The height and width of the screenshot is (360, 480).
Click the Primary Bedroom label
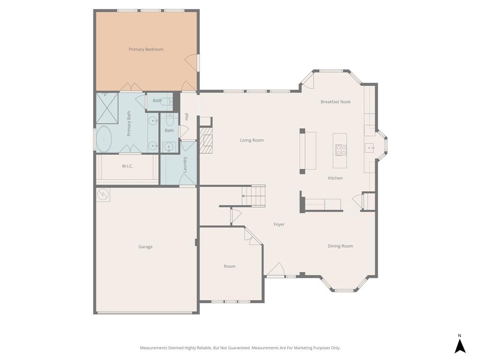tap(146, 49)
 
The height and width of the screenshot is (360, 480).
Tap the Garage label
tap(145, 247)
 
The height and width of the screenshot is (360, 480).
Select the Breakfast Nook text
tap(336, 102)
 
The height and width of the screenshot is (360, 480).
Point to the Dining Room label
tap(340, 246)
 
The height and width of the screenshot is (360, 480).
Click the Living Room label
tap(252, 140)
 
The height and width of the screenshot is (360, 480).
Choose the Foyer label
tap(279, 225)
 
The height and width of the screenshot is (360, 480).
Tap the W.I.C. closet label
tap(127, 166)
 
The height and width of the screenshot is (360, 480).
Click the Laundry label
tap(185, 164)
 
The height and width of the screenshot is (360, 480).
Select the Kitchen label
tap(335, 178)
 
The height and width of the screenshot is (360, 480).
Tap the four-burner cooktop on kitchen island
tap(341, 150)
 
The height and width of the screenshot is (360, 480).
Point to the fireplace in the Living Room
tap(206, 141)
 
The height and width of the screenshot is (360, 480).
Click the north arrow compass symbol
tap(460, 345)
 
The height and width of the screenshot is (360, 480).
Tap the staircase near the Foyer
tap(254, 195)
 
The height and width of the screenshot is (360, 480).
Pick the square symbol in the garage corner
tap(103, 195)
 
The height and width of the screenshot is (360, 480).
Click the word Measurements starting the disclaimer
tap(154, 348)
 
